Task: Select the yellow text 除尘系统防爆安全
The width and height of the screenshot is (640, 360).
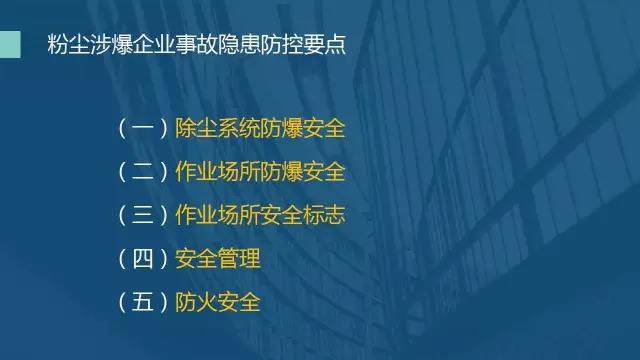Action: [259, 129]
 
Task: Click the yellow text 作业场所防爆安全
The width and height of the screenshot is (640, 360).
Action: [259, 172]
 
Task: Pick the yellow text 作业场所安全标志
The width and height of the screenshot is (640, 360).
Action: [259, 215]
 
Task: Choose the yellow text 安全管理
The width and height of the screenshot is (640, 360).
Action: [217, 258]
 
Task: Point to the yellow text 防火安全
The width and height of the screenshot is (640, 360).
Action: [217, 301]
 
